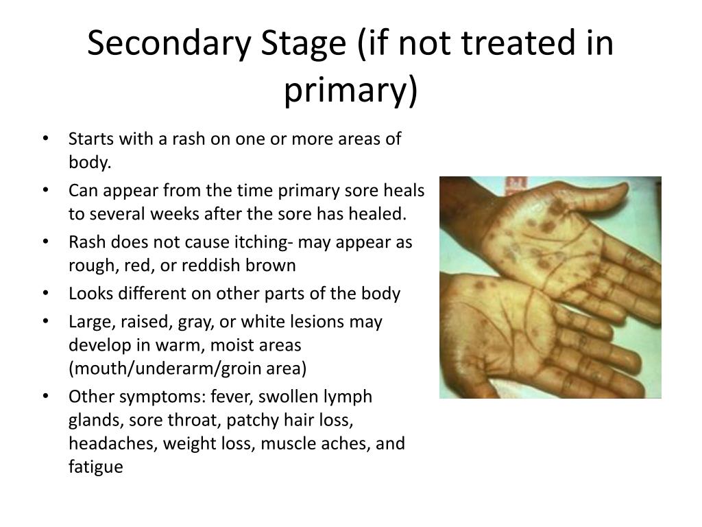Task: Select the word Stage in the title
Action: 304,43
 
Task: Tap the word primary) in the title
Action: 350,91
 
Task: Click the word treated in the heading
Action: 518,43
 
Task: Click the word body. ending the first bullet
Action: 90,162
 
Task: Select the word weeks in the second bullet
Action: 173,214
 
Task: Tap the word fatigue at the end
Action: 96,467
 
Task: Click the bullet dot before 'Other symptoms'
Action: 45,397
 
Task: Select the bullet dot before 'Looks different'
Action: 45,294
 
